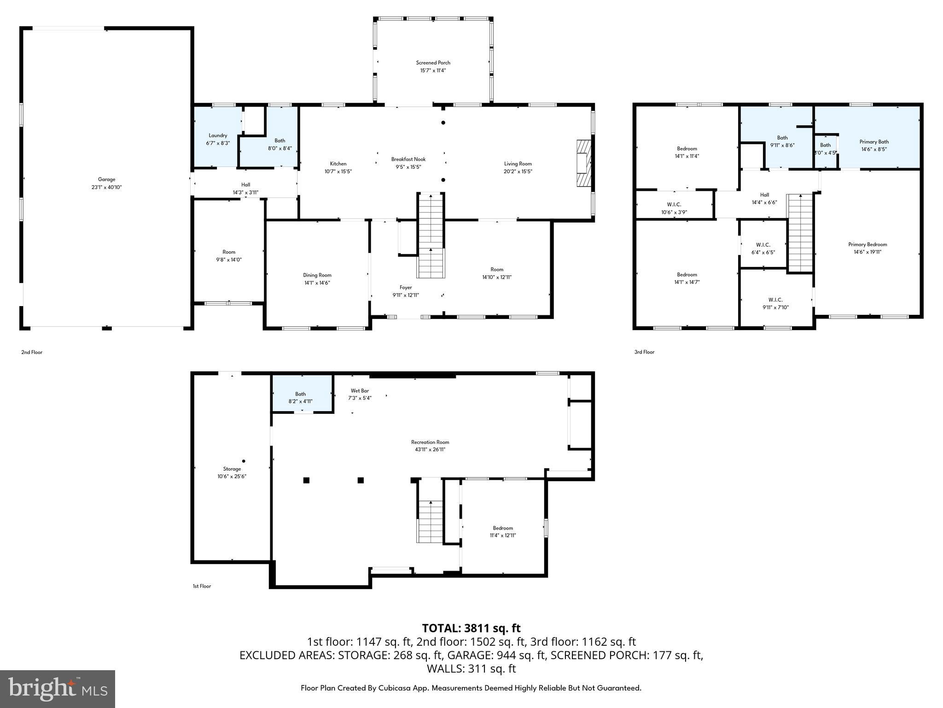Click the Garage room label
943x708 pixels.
(x=106, y=179)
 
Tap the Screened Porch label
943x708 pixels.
(x=433, y=63)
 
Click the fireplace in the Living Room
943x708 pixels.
(x=582, y=163)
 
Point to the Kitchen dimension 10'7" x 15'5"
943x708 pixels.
(x=338, y=171)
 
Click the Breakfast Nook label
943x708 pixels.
(x=408, y=159)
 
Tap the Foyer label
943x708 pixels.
(x=406, y=287)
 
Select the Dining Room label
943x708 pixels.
(x=317, y=275)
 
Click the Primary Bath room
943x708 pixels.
(x=873, y=145)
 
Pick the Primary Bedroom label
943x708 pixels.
(x=867, y=244)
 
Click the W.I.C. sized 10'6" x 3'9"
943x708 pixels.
(x=674, y=208)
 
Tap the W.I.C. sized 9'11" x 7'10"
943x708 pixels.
(x=775, y=303)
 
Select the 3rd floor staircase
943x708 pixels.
(x=801, y=233)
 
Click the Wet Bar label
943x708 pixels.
(x=360, y=390)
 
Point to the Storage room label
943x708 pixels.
(x=232, y=469)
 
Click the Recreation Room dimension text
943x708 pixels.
(x=430, y=449)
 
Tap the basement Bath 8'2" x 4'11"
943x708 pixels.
(x=301, y=397)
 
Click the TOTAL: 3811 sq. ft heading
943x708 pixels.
(x=471, y=628)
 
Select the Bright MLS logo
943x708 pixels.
(x=58, y=689)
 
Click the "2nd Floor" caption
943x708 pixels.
(x=32, y=352)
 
